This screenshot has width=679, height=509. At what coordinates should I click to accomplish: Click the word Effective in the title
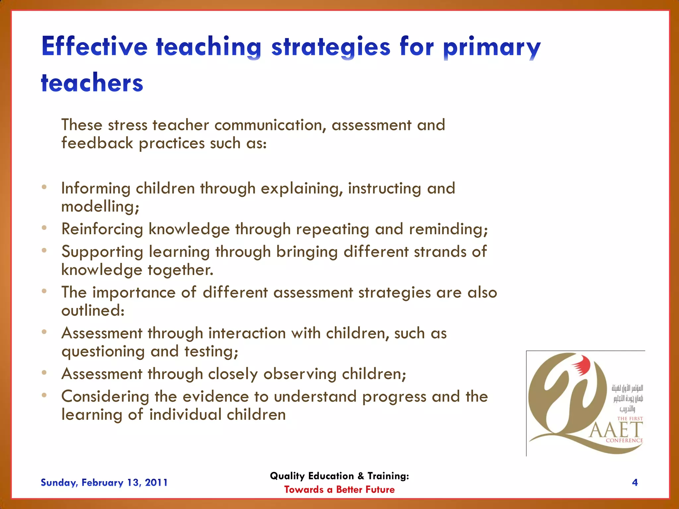[94, 47]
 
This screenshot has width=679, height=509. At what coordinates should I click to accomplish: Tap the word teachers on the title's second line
[92, 83]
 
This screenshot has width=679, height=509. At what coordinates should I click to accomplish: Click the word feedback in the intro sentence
[97, 143]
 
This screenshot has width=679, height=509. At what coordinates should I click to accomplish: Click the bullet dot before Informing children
[44, 187]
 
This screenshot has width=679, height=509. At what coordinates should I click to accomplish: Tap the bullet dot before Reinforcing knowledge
[44, 228]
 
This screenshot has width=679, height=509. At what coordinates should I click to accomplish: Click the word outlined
[93, 311]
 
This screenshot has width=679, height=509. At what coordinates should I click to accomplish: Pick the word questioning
[103, 352]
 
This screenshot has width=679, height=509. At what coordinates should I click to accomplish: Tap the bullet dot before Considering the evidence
[44, 395]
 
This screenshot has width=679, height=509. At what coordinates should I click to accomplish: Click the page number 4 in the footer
[635, 482]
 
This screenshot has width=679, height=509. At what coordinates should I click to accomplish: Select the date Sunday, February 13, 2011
[104, 482]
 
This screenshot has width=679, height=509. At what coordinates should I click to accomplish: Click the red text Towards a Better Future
[339, 489]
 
